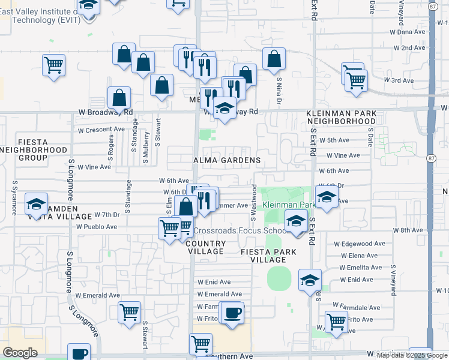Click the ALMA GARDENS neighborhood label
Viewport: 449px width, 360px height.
pos(227,161)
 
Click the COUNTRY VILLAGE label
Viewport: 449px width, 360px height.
pos(205,248)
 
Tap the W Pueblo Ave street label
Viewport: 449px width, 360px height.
pos(97,227)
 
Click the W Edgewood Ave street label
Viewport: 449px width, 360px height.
pos(360,244)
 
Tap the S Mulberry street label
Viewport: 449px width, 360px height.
pos(146,148)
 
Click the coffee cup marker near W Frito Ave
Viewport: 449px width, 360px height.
pos(232,311)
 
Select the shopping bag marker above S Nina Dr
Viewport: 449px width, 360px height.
pos(274,59)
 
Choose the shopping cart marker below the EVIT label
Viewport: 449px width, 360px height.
pos(53,64)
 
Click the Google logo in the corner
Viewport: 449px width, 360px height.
pos(20,353)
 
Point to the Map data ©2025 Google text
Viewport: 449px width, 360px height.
pos(412,355)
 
